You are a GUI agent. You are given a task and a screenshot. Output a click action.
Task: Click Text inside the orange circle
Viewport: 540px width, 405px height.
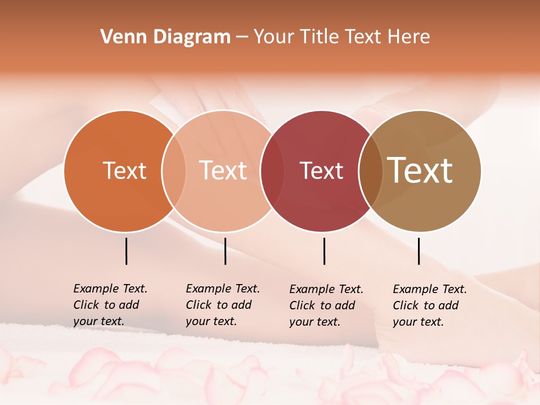[x=124, y=170]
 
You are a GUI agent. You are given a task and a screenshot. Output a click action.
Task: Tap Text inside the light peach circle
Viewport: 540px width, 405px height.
[x=223, y=170]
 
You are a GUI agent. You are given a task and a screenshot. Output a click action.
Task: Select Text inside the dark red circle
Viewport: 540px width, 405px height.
[x=321, y=170]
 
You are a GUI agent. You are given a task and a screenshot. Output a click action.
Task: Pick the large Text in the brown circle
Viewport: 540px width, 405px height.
[x=420, y=170]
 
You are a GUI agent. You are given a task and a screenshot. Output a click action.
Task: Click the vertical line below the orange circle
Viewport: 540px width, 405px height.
[x=126, y=251]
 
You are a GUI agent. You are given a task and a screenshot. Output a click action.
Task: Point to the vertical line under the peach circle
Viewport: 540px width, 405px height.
[x=225, y=251]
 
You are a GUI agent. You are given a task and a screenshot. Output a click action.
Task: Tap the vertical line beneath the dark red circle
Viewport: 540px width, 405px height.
[x=324, y=251]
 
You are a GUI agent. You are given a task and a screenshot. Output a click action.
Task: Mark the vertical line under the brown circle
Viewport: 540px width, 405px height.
[x=418, y=251]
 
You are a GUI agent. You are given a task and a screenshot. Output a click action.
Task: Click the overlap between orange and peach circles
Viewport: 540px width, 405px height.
[x=174, y=171]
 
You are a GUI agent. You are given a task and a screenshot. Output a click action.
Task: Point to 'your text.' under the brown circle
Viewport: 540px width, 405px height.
[x=418, y=322]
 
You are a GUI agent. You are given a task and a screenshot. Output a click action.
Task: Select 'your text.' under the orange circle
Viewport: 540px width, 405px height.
[x=98, y=322]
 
